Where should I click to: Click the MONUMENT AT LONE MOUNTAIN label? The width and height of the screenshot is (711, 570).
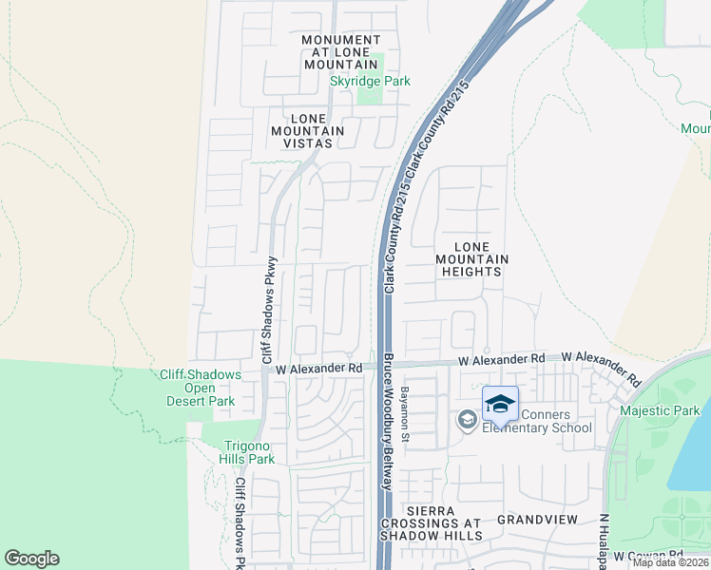click(x=340, y=51)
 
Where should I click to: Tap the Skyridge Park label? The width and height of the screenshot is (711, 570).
click(x=370, y=82)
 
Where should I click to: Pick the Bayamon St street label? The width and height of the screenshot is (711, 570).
click(x=405, y=414)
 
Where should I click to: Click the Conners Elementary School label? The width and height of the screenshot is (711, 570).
click(x=536, y=420)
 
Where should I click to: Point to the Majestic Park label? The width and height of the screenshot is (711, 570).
click(x=659, y=410)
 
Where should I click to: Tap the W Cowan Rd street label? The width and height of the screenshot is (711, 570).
click(x=648, y=555)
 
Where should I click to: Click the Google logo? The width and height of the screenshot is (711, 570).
click(x=31, y=559)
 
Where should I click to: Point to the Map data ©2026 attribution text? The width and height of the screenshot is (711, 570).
click(x=670, y=562)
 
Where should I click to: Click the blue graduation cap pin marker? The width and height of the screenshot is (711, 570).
click(x=500, y=405)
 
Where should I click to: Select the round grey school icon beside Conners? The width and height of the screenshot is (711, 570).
click(x=467, y=419)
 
